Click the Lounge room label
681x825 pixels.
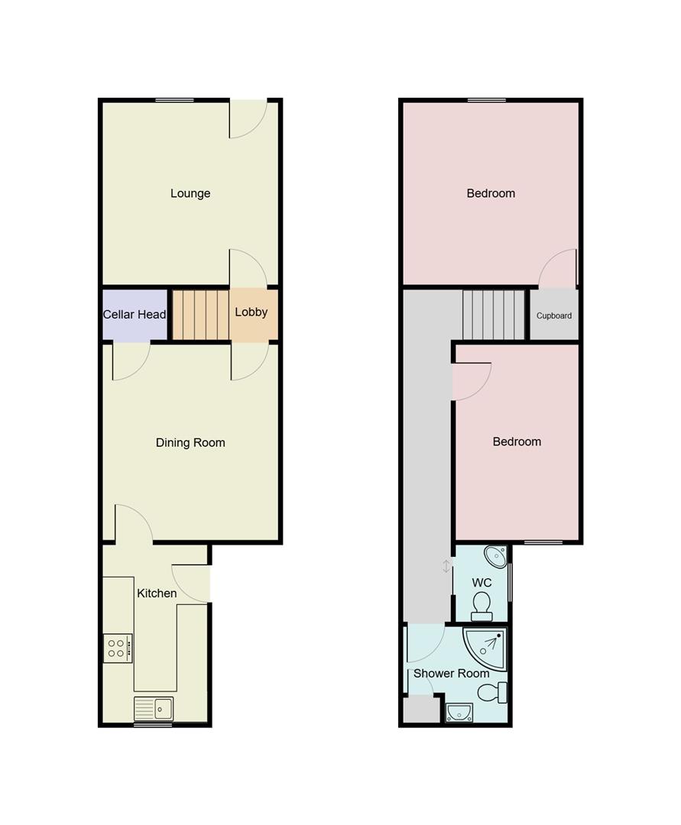click(x=190, y=193)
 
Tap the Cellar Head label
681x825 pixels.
click(x=135, y=314)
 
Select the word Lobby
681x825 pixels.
click(x=251, y=312)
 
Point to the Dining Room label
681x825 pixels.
click(x=190, y=442)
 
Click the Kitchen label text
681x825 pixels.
click(x=157, y=593)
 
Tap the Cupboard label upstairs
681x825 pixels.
click(x=554, y=315)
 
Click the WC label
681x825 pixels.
click(x=482, y=583)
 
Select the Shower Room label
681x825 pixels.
click(x=451, y=673)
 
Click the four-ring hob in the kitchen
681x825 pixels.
click(x=118, y=649)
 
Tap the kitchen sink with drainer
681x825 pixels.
click(x=154, y=709)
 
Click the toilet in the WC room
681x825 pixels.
click(x=482, y=607)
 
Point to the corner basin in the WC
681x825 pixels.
click(x=497, y=556)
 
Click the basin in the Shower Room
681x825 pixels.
click(x=459, y=713)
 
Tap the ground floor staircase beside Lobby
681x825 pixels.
click(x=199, y=314)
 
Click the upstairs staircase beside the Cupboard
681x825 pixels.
click(x=494, y=314)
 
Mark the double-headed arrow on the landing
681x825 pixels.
click(x=446, y=566)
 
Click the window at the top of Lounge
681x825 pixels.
click(x=174, y=100)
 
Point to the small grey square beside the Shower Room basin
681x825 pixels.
click(x=420, y=710)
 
